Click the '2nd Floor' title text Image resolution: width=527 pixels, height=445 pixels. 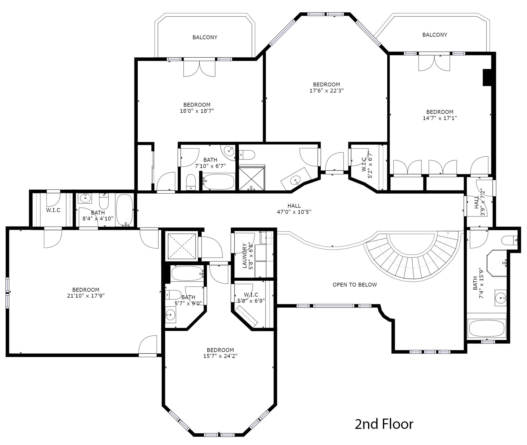point(384,424)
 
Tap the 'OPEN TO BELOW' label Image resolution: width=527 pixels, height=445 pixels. point(355,285)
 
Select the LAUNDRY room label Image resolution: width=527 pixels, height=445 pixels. point(245,256)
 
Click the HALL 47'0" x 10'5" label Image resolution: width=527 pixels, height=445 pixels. point(294,209)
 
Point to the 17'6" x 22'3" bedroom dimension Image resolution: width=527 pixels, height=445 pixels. point(327,91)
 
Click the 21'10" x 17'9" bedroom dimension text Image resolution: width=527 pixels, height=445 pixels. point(86,296)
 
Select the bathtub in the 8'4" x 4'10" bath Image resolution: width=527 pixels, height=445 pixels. point(125,210)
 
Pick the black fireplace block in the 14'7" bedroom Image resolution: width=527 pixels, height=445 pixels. point(487,77)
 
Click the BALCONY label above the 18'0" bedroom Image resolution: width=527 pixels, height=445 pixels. point(205,37)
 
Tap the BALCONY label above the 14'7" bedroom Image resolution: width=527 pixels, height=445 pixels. point(435,35)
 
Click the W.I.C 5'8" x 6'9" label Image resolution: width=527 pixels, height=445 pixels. point(251,298)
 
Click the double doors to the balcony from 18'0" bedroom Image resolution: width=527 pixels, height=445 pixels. point(199,68)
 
